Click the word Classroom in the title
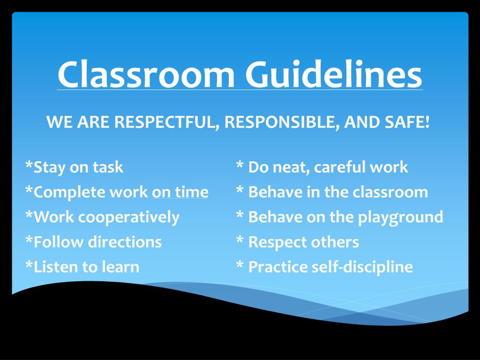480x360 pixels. (146, 74)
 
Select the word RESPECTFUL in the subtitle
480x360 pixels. (166, 123)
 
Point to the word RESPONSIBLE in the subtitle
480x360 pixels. (281, 123)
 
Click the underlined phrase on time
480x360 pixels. (180, 192)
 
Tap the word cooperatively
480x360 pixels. (129, 217)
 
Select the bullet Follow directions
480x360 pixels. (93, 242)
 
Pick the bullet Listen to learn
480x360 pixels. (82, 267)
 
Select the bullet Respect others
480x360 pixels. (298, 242)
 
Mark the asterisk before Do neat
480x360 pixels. (240, 165)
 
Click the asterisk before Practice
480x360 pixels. (240, 265)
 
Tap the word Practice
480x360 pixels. (278, 267)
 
